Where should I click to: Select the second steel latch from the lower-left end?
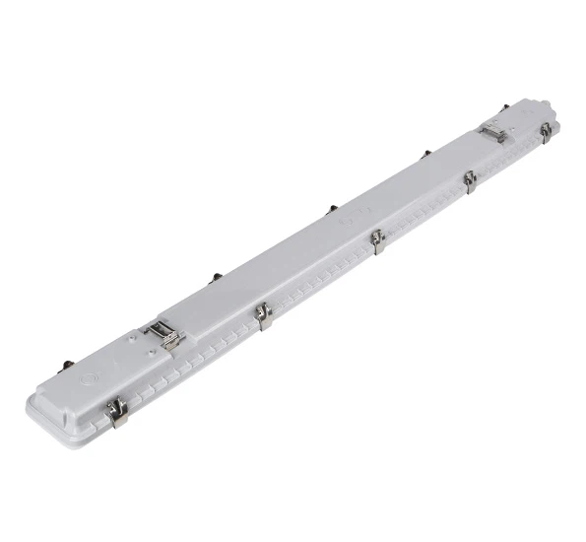click(263, 316)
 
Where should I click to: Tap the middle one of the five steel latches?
click(376, 240)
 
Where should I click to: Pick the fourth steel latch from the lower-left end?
click(470, 180)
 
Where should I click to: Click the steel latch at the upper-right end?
click(545, 132)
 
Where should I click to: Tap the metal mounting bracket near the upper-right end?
click(492, 132)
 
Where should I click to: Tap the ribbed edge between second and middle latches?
click(320, 282)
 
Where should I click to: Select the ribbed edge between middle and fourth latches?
click(423, 213)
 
